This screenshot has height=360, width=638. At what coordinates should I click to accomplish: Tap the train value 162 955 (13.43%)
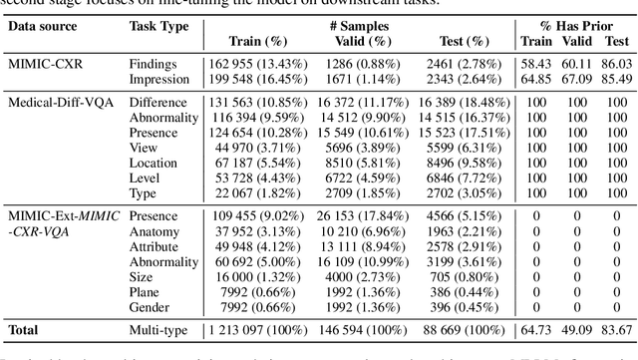point(253,61)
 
